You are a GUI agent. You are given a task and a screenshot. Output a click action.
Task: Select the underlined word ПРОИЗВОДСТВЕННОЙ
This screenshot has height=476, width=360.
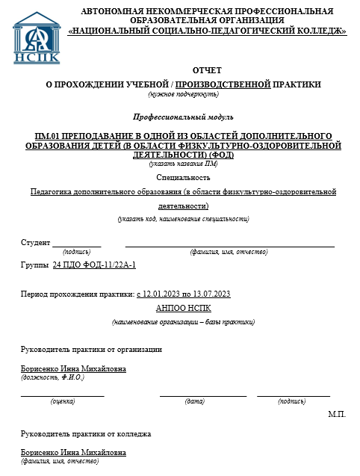(223, 84)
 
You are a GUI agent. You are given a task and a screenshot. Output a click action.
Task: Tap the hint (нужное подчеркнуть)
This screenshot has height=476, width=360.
(184, 94)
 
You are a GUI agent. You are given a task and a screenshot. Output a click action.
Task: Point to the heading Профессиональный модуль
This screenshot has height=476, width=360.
(183, 117)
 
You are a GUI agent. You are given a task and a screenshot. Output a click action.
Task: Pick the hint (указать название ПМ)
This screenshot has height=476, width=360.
(183, 163)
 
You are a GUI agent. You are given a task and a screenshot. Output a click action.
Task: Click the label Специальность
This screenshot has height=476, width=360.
(184, 177)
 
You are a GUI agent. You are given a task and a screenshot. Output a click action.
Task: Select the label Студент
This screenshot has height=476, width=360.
(35, 242)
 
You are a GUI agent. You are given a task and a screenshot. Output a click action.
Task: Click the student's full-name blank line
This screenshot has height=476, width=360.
(229, 244)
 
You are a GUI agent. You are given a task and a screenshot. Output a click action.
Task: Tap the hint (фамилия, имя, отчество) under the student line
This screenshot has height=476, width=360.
(229, 253)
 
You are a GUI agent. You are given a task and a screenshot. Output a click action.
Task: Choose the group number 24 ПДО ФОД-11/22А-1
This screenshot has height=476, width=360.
(94, 265)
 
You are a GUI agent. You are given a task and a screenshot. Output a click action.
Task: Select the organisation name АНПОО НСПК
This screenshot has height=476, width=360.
(184, 307)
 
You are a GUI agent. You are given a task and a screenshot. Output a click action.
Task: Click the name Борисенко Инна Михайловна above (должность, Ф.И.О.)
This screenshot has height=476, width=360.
(73, 369)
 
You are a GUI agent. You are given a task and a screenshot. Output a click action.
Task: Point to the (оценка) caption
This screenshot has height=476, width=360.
(62, 401)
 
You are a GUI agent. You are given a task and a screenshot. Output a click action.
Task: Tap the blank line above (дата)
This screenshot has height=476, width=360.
(202, 394)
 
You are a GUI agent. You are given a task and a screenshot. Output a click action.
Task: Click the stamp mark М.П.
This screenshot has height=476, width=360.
(337, 414)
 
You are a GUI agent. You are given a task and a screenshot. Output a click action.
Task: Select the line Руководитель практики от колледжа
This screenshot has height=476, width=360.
(86, 434)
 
